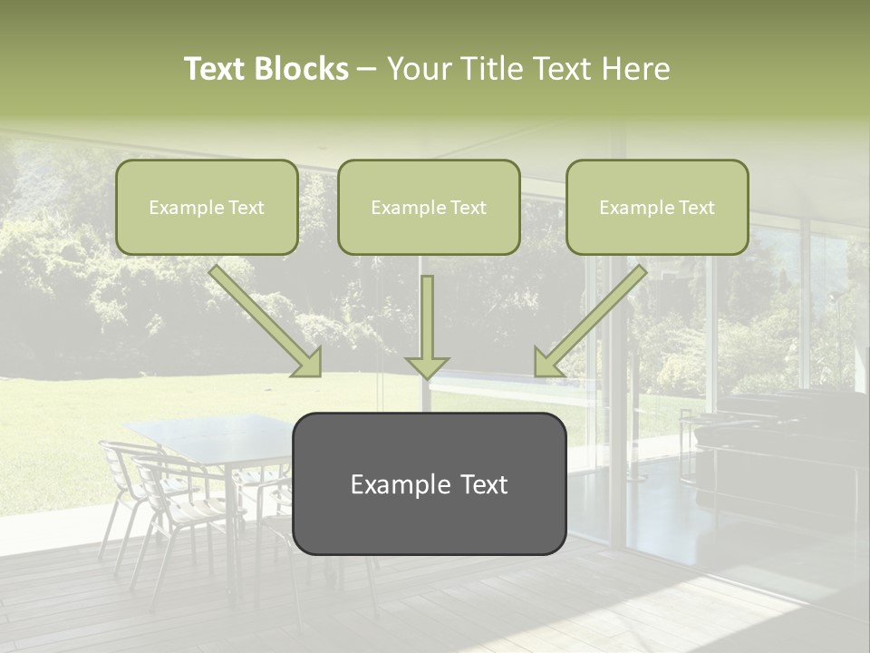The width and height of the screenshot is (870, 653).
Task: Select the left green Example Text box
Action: coord(207,208)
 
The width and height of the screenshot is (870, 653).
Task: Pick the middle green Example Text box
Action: coord(429,208)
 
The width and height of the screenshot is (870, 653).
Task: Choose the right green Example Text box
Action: coord(657,208)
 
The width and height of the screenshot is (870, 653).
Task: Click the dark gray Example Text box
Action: coord(429,484)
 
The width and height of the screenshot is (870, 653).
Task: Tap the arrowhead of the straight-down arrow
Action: coord(427,367)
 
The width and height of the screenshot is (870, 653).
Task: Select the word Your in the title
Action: coord(416,69)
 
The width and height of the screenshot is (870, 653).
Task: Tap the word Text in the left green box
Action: coord(246,208)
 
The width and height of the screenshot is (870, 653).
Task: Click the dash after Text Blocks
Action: coord(367,69)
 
